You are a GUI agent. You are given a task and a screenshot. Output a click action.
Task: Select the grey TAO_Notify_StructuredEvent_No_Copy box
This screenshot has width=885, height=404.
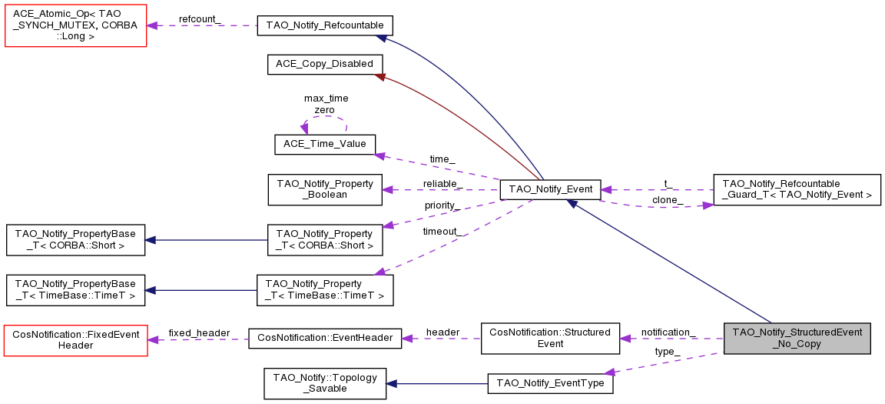[x=797, y=339]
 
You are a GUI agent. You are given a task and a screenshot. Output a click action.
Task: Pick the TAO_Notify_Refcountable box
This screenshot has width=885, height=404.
[x=325, y=25]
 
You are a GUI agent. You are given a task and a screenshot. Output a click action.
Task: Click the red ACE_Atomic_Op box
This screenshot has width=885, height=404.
[x=75, y=25]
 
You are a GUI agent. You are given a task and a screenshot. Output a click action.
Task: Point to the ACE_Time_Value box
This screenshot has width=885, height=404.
[x=324, y=144]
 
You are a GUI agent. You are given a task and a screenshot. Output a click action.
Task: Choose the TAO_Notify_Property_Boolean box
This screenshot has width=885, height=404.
[x=324, y=189]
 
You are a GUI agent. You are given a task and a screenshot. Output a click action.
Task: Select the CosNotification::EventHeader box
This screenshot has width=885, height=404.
[x=325, y=339]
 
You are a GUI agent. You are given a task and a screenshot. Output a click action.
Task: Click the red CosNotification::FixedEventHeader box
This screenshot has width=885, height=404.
[x=75, y=339]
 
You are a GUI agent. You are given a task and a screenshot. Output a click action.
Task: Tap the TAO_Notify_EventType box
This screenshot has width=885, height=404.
[x=550, y=383]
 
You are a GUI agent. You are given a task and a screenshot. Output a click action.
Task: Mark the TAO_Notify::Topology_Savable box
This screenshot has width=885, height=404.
[x=324, y=383]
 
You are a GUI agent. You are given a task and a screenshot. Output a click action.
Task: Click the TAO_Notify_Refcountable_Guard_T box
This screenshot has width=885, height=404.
[x=797, y=189]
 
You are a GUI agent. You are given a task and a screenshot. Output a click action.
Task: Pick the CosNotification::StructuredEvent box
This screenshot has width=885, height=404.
[x=550, y=339]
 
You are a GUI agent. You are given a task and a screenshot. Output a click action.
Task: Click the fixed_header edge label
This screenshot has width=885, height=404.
[x=199, y=332]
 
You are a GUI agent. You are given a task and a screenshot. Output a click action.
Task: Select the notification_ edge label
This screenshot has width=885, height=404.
[x=668, y=332]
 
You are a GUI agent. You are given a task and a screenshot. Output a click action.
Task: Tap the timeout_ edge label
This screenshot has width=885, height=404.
[x=442, y=231]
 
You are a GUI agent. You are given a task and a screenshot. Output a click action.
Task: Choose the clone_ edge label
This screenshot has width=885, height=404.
[x=668, y=200]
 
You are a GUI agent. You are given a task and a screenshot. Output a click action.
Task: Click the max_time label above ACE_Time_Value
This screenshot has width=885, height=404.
[x=326, y=98]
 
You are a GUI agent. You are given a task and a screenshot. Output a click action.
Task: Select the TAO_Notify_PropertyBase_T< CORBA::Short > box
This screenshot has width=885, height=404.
[x=75, y=240]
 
